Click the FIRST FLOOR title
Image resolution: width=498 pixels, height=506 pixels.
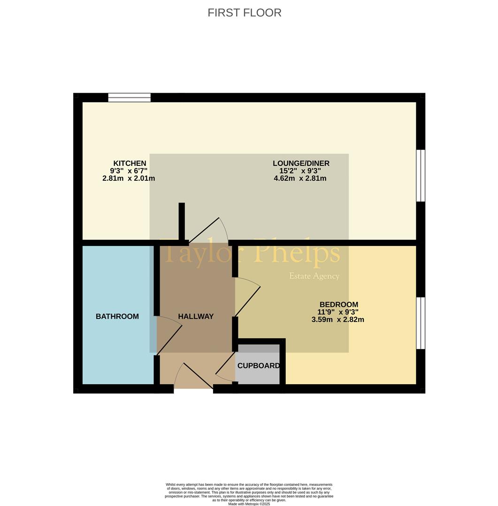point(245,13)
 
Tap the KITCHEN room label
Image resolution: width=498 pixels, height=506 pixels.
point(130,164)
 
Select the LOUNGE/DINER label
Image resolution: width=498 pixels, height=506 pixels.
point(301,164)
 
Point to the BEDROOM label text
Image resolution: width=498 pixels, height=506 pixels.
point(339,305)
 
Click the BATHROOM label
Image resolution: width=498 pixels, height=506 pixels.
point(117,316)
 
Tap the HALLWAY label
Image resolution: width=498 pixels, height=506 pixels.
point(196,316)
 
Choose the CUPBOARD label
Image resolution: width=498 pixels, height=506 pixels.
point(258,365)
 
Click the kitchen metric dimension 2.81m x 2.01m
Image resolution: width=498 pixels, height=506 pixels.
point(129,178)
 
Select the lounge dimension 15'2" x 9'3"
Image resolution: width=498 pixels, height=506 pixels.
point(300,171)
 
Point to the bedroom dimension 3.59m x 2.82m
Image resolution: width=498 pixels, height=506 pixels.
point(338,320)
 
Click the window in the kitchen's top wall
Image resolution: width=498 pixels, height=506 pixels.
point(130,97)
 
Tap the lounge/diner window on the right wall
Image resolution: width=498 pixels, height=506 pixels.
point(421,176)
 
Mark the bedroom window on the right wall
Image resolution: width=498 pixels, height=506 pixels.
point(421,323)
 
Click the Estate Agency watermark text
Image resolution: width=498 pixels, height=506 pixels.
point(314,276)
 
